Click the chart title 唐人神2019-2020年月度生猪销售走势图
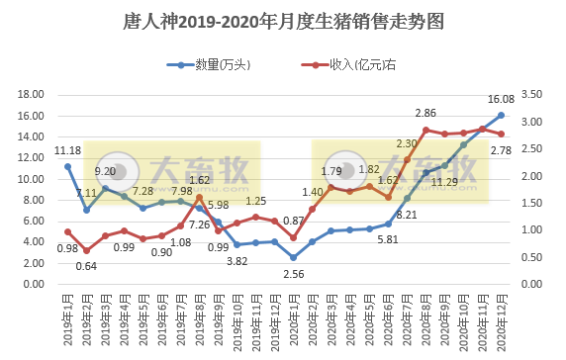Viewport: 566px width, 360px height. pos(282,21)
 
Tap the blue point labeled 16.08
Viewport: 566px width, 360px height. pos(502,116)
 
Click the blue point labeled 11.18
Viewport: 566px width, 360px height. pos(67,166)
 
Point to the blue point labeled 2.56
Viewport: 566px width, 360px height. pos(294,257)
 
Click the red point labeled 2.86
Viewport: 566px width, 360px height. pos(426,130)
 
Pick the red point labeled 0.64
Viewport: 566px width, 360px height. pos(86,250)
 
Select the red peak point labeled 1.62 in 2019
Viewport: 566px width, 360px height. pos(199,197)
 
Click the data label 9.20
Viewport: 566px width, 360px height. pos(105,172)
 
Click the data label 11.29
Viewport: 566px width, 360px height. pos(446,182)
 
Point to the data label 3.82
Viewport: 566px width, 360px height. pos(236,261)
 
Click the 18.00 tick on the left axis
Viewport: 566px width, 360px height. pos(32,95)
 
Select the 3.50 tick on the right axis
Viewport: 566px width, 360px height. pos(532,95)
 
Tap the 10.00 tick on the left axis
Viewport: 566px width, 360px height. pos(32,179)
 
